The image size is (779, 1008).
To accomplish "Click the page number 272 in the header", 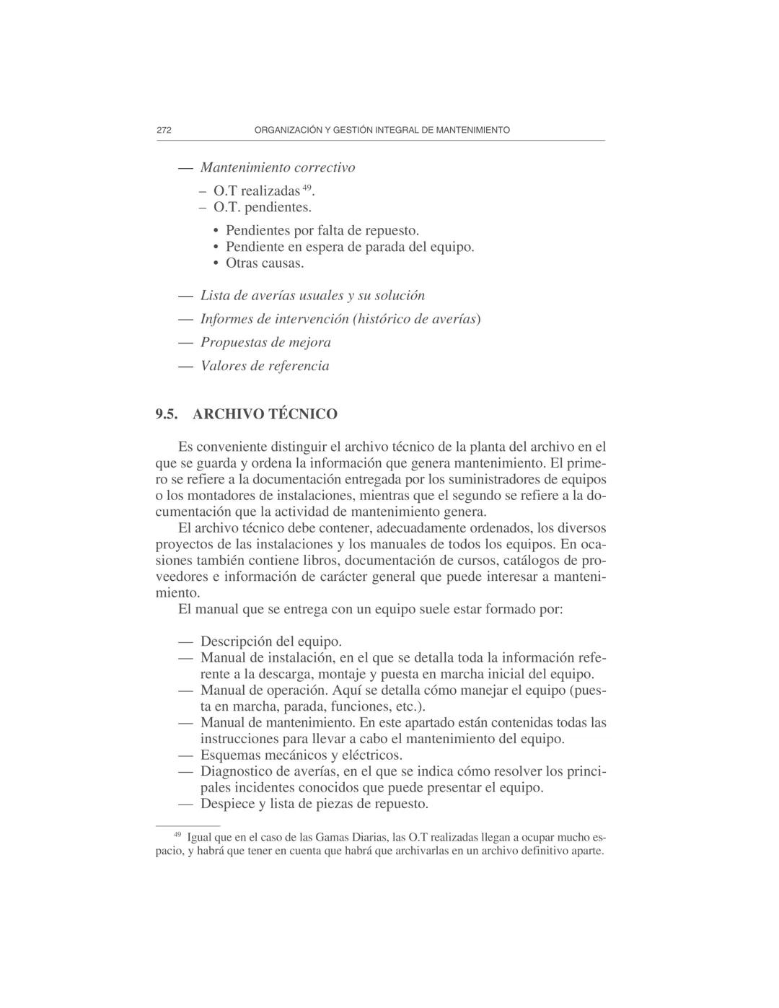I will pos(164,131).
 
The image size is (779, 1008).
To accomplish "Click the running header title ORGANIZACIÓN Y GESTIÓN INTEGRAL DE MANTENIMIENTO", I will pos(382,131).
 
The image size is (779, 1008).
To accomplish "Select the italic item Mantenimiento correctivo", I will pos(277,167).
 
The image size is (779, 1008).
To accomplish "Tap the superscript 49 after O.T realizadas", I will pos(307,188).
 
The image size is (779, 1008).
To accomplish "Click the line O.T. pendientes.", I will pos(263,207).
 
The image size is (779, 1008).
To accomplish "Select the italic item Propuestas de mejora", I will pos(265,342).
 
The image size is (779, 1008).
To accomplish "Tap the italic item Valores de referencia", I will pos(265,366).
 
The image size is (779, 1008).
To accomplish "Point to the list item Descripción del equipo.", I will pos(270,641).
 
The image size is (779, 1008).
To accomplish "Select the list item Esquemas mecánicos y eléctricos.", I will pos(301,755).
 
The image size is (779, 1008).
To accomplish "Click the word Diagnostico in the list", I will pos(236,771).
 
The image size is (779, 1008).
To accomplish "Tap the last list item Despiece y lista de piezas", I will pos(314,804).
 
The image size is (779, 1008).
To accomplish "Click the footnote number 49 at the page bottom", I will pos(177,835).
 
